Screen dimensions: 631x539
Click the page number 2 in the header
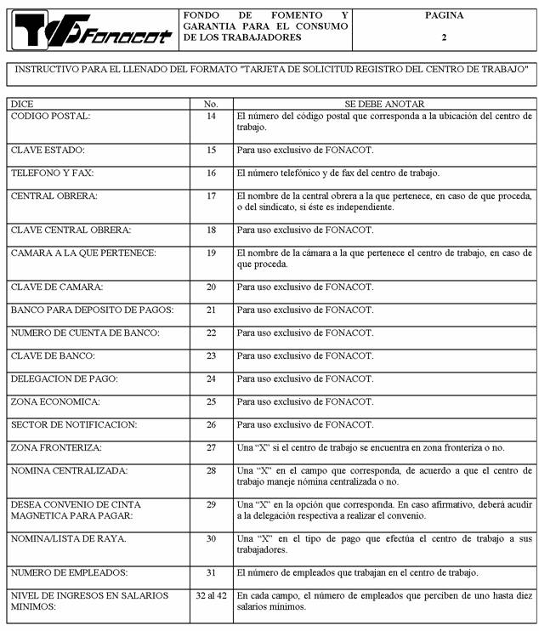coord(444,37)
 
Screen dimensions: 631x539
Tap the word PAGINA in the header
coord(444,15)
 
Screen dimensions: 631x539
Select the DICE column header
coord(22,103)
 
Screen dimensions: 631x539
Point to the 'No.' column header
coord(211,103)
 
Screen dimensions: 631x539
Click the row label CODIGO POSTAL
coord(50,116)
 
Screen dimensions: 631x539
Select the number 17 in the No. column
coord(211,196)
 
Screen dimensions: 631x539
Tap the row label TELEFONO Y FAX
coord(52,173)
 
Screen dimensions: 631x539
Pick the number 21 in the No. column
coord(211,310)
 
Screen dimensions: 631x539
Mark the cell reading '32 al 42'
coord(211,595)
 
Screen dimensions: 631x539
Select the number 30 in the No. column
coord(211,538)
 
